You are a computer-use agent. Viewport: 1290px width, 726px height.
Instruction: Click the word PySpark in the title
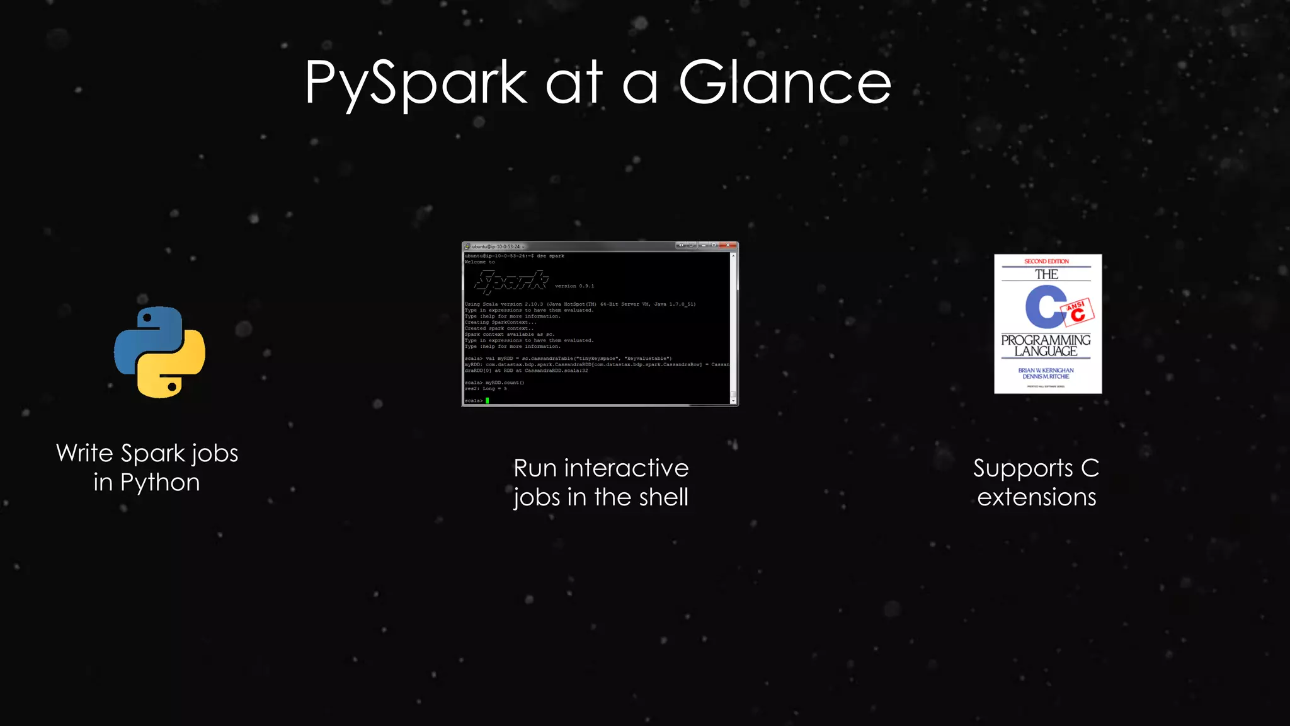(x=416, y=83)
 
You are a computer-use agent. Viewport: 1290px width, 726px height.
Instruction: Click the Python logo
(x=159, y=352)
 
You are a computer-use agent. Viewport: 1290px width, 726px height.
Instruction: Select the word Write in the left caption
(x=84, y=453)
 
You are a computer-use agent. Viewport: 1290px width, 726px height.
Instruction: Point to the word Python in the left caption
(x=160, y=483)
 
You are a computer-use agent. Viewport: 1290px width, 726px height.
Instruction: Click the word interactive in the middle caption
(x=626, y=468)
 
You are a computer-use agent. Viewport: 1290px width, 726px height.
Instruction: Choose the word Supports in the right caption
(x=1023, y=469)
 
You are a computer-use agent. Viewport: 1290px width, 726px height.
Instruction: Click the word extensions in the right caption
(x=1037, y=497)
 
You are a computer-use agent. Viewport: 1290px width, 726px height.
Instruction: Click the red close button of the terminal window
(x=728, y=245)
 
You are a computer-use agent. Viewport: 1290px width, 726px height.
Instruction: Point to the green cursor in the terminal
(x=488, y=400)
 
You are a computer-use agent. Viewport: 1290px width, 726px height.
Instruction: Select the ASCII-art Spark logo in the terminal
(x=511, y=282)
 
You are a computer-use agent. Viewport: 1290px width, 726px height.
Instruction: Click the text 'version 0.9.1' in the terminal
(x=574, y=286)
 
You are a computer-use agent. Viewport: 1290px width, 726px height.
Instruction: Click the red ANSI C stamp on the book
(x=1079, y=311)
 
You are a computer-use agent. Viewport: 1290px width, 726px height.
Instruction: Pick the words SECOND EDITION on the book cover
(x=1046, y=261)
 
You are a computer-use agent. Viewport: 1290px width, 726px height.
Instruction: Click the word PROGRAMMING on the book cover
(x=1046, y=340)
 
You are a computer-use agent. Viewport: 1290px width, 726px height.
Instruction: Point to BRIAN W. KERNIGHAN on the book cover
(x=1046, y=370)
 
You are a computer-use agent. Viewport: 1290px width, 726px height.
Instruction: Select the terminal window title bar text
(x=496, y=246)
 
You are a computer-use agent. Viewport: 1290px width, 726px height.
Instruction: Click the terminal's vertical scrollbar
(x=733, y=328)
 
